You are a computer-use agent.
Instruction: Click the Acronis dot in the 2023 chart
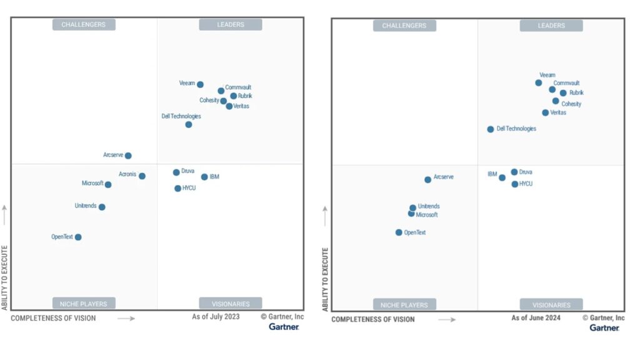(x=142, y=176)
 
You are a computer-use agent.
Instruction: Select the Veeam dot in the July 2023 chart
(x=200, y=84)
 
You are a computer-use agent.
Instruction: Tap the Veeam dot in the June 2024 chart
(x=538, y=82)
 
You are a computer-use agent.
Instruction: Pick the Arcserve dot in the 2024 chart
(x=427, y=179)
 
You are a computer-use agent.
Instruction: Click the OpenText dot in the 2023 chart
(x=78, y=237)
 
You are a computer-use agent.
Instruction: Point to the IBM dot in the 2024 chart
(x=502, y=177)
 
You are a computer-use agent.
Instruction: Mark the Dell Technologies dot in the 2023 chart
(x=188, y=124)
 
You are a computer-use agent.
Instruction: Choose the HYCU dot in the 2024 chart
(x=515, y=184)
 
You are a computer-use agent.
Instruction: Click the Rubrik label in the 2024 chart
(x=576, y=92)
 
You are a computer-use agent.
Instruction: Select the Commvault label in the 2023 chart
(x=238, y=87)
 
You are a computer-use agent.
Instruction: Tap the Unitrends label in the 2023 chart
(x=86, y=206)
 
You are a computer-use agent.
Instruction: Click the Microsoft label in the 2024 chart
(x=427, y=215)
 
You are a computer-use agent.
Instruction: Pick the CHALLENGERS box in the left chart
(x=84, y=25)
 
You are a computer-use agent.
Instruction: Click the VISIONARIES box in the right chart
(x=552, y=305)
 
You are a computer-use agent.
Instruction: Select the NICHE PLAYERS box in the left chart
(x=84, y=304)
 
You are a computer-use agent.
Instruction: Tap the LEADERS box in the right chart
(x=551, y=26)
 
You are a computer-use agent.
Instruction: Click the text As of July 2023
(x=216, y=317)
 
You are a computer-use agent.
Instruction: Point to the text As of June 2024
(x=536, y=318)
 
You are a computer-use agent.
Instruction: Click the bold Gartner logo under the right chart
(x=604, y=327)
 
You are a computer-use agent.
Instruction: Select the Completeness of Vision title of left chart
(x=53, y=318)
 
